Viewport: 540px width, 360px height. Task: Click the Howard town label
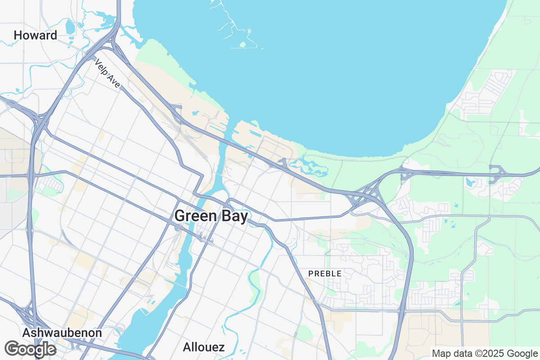click(x=36, y=35)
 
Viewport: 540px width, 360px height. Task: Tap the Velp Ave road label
click(x=108, y=73)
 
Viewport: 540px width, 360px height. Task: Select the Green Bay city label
click(x=211, y=216)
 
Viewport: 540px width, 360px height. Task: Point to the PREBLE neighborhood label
click(x=324, y=273)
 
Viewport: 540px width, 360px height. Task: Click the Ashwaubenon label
click(x=62, y=333)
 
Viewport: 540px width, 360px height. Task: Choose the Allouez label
click(x=204, y=347)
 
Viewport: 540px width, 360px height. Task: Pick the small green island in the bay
click(x=243, y=44)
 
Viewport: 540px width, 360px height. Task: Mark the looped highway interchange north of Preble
click(x=364, y=196)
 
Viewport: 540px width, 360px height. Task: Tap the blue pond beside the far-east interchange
click(x=471, y=183)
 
